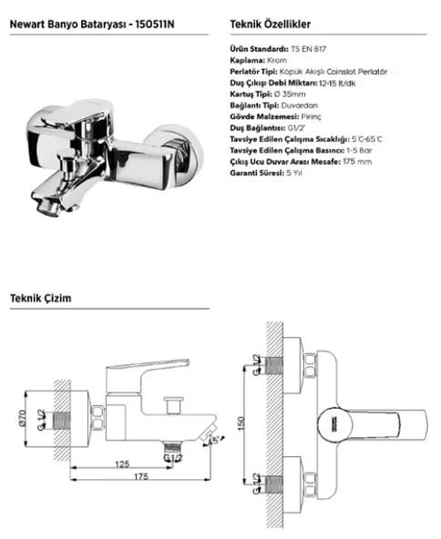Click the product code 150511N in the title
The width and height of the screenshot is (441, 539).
(155, 24)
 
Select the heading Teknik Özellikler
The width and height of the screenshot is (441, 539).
(270, 24)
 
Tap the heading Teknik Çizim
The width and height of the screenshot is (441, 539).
(41, 298)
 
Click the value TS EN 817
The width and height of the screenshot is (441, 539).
(308, 49)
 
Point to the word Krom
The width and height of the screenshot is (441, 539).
(277, 60)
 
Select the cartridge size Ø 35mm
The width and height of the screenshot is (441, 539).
(290, 94)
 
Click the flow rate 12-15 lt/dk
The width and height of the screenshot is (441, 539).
(337, 83)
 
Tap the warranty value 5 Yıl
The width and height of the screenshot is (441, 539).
(294, 173)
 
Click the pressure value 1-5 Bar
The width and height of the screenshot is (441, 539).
(359, 150)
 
